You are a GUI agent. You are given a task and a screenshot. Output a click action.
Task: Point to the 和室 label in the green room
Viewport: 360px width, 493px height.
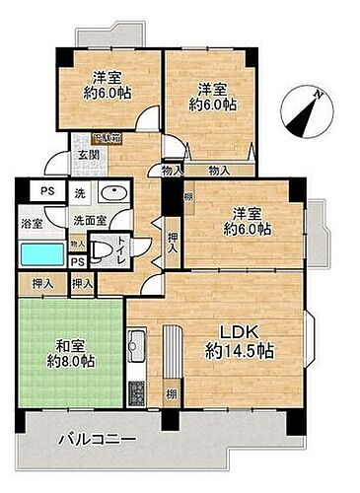coord(68,345)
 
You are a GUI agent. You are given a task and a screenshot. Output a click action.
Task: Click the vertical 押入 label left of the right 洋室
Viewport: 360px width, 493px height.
coord(172,241)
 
